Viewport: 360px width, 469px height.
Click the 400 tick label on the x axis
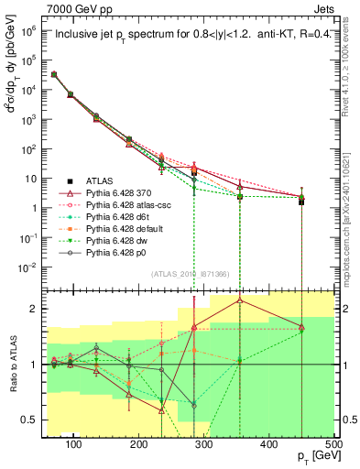(x=268, y=443)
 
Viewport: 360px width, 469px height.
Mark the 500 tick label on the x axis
(x=333, y=443)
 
